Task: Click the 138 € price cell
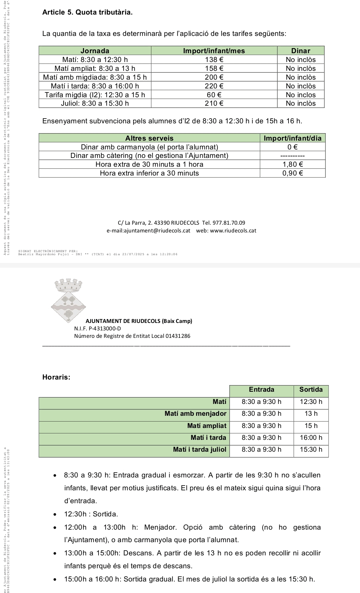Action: click(214, 60)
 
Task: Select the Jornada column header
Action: click(95, 51)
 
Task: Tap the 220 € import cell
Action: click(214, 86)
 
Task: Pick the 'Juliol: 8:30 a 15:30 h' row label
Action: click(95, 103)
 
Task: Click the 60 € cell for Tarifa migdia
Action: click(214, 95)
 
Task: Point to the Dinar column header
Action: click(301, 51)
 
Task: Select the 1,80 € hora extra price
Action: click(293, 164)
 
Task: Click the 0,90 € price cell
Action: click(293, 173)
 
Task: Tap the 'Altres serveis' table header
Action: click(149, 138)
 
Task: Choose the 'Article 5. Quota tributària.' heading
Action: click(87, 13)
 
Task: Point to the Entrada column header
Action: click(261, 390)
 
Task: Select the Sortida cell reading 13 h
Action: click(311, 413)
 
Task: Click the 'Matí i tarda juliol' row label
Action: click(199, 450)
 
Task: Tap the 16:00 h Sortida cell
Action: click(311, 438)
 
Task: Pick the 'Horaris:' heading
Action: click(56, 377)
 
